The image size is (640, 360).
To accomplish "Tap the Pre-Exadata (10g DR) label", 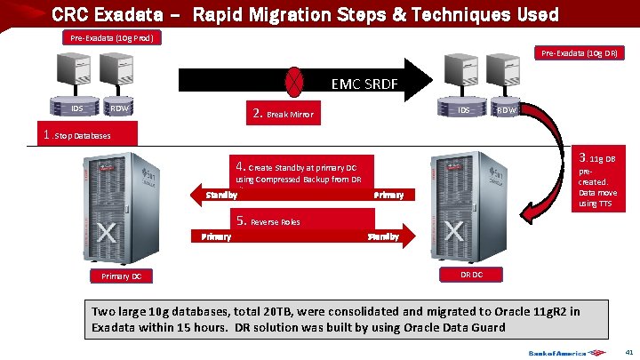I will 583,53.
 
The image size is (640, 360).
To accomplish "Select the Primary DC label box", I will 121,276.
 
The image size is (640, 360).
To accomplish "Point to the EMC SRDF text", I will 364,86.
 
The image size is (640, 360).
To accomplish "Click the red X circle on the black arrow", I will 293,82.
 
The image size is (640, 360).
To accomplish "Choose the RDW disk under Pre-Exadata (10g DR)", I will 506,109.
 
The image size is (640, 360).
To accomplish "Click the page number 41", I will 628,352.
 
